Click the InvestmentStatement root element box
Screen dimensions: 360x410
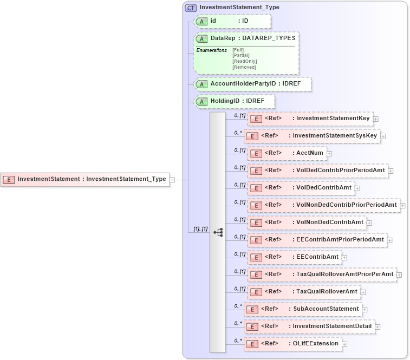click(85, 180)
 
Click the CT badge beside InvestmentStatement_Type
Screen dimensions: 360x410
click(191, 8)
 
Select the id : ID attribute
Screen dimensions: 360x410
click(232, 21)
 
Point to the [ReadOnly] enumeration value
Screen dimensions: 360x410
click(244, 61)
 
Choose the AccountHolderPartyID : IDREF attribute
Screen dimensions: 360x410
click(252, 84)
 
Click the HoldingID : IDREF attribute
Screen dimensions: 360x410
click(234, 101)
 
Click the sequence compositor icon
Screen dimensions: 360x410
click(218, 232)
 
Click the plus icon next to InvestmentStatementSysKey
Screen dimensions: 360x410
click(383, 136)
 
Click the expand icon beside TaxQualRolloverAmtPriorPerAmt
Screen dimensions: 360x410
click(399, 274)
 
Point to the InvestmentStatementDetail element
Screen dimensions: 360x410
click(309, 326)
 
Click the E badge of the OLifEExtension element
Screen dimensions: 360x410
click(252, 344)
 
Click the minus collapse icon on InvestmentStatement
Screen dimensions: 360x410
click(172, 180)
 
